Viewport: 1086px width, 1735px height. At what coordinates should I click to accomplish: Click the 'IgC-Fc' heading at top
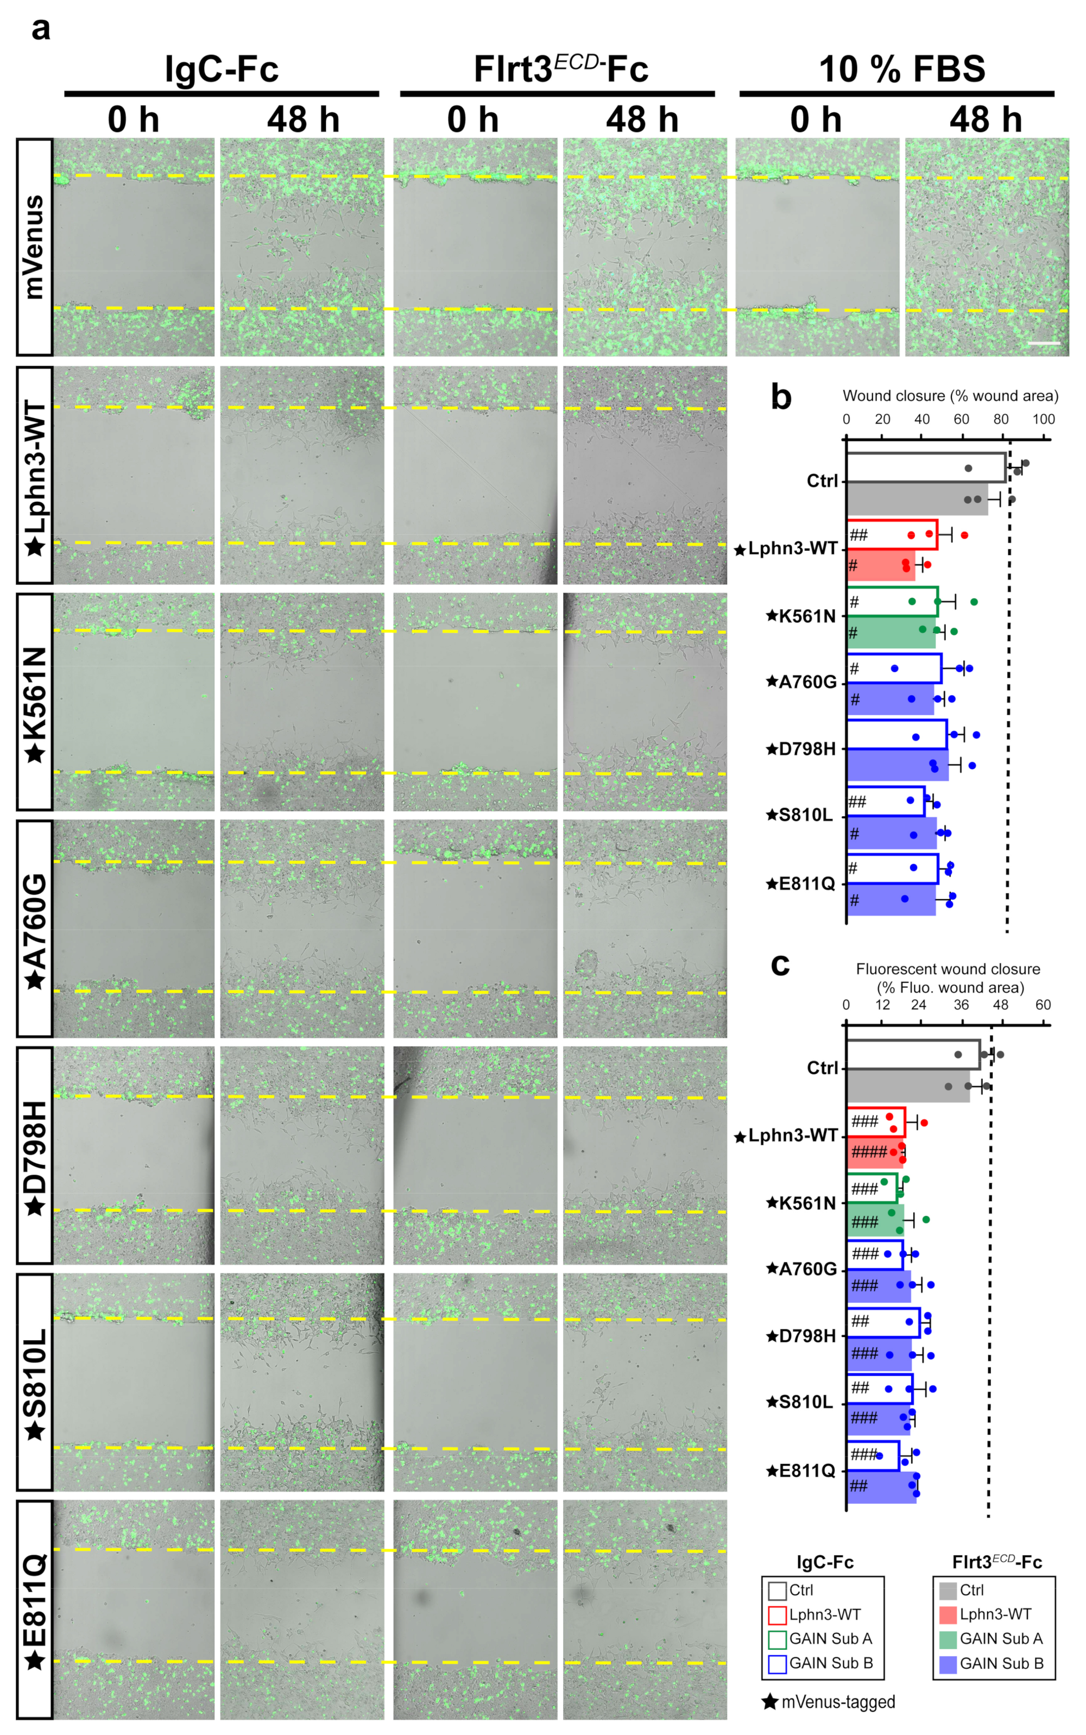click(x=221, y=70)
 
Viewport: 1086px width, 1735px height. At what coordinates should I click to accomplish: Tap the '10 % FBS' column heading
click(x=901, y=70)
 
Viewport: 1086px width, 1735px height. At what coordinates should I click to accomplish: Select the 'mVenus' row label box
click(x=34, y=247)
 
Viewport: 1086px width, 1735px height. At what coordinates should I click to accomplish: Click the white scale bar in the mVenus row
click(x=1044, y=343)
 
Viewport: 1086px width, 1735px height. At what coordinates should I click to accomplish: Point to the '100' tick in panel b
click(x=1043, y=419)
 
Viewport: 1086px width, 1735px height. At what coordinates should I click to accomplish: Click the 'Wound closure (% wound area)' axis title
click(x=950, y=396)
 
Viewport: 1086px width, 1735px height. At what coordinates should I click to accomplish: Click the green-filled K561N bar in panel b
click(x=891, y=632)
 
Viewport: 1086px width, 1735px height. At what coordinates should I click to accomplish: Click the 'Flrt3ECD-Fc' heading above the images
click(x=560, y=70)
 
